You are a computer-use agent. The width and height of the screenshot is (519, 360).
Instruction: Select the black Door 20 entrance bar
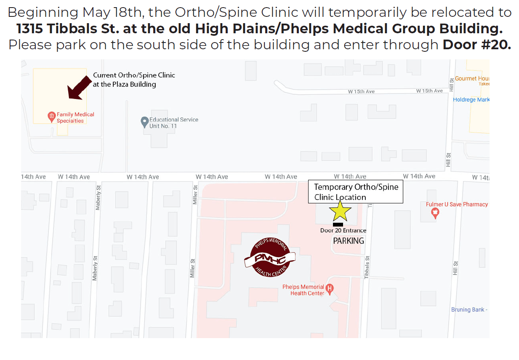point(338,224)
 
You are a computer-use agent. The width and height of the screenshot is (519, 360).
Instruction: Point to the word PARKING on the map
point(349,241)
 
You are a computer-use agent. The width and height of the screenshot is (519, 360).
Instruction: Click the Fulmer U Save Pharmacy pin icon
point(435,213)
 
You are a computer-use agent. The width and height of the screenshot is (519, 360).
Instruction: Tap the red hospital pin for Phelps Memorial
point(330,289)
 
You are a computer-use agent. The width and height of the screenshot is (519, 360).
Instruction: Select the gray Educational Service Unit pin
point(144,122)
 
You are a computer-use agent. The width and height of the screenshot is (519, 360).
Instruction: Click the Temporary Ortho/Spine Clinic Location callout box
point(356,192)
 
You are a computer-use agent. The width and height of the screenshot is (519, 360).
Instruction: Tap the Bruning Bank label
point(469,309)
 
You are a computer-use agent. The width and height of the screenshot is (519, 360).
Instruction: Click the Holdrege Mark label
point(471,100)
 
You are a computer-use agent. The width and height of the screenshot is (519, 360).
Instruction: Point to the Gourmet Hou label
point(472,78)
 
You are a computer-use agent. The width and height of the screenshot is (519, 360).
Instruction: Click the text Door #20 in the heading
point(476,44)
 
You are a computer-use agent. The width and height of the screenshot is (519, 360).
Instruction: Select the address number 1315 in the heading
point(30,29)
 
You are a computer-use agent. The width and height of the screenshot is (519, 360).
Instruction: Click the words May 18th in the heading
point(114,12)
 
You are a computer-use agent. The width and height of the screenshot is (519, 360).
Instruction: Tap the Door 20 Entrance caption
point(343,230)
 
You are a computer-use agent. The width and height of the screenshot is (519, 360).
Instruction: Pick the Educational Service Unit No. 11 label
point(173,123)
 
